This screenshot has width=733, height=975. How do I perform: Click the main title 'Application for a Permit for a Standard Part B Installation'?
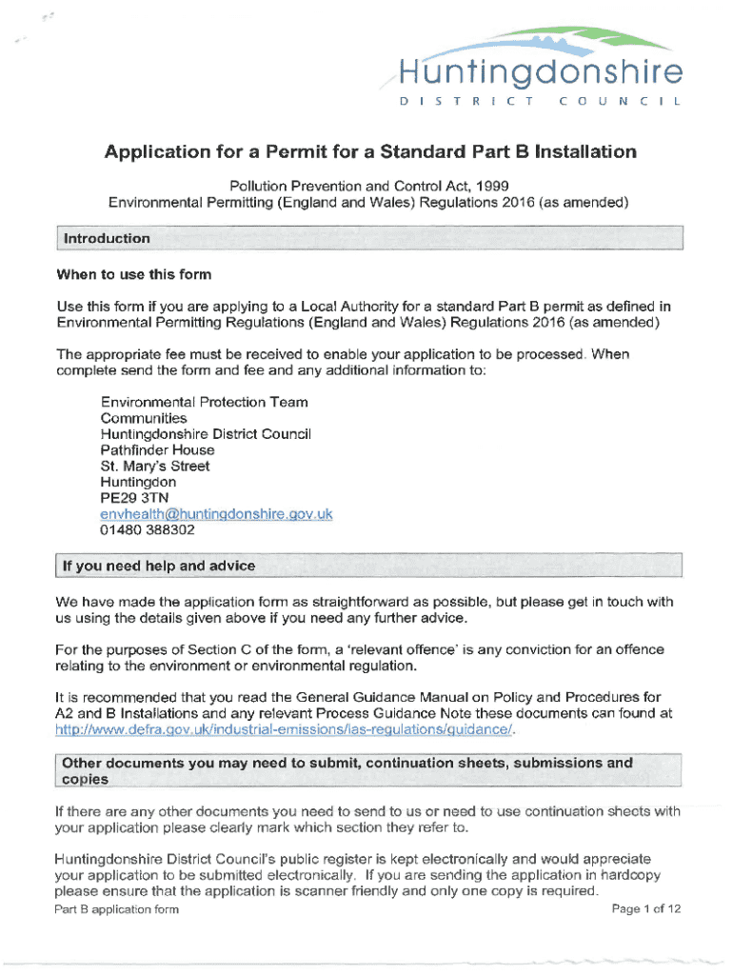point(370,151)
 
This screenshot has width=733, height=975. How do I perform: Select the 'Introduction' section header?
point(106,238)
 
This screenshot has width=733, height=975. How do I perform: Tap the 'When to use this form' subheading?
point(133,275)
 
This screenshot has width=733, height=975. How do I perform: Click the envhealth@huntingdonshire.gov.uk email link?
point(216,514)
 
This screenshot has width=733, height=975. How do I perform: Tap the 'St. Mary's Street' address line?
point(155,467)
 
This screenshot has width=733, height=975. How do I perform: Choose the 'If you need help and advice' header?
point(158,566)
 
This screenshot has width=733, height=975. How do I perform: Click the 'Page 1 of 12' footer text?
point(647,909)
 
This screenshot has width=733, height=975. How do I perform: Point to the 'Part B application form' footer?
point(117,909)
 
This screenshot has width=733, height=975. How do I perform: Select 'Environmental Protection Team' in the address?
point(204,402)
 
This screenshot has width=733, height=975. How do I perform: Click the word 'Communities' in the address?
point(144,418)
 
